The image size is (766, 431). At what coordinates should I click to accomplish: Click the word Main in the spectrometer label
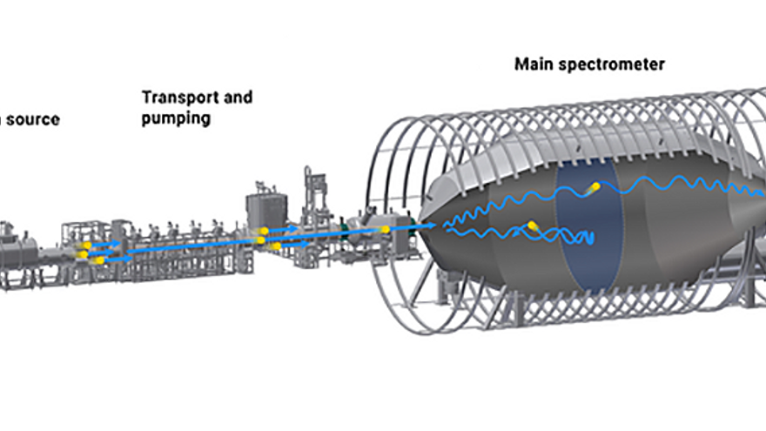532,64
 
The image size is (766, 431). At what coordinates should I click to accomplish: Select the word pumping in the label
176,118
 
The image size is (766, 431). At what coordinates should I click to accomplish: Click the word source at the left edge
32,119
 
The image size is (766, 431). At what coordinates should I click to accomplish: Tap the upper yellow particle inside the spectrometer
595,187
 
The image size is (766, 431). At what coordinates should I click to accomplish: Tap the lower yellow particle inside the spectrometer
532,226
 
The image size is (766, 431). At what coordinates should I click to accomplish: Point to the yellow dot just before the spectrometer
385,230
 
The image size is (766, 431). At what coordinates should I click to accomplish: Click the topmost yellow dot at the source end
86,246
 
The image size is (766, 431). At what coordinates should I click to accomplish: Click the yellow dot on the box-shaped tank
265,232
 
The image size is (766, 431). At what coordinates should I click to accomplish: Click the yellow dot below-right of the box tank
276,247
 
